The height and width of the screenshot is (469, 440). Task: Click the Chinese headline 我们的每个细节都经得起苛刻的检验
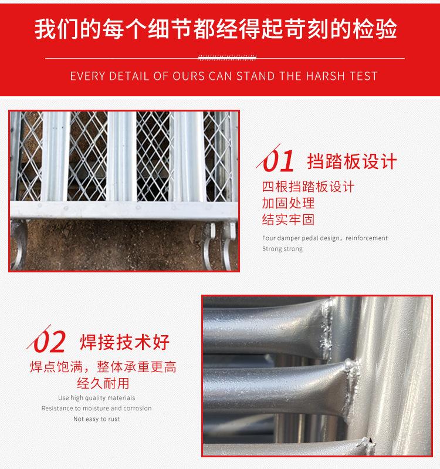[219, 28]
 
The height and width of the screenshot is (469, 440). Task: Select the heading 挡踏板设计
[352, 161]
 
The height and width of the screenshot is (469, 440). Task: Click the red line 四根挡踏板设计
[308, 187]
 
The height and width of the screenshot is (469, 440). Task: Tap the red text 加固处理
[288, 204]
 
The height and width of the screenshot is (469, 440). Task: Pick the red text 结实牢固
[288, 220]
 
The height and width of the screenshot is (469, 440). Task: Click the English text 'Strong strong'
[282, 249]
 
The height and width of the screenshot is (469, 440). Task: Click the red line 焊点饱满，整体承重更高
[103, 368]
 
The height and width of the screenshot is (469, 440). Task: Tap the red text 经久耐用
[103, 384]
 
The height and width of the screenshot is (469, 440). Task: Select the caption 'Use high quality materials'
[96, 398]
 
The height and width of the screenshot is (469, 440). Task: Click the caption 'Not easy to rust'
[96, 419]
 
